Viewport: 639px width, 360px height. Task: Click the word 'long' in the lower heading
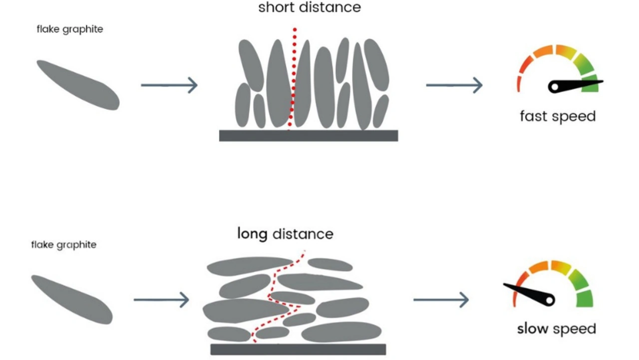253,233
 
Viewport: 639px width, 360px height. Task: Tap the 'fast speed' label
558,116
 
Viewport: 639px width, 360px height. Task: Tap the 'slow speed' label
556,329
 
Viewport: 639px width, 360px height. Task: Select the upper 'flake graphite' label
70,29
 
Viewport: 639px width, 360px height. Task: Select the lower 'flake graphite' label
64,245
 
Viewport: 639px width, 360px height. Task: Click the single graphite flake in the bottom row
72,299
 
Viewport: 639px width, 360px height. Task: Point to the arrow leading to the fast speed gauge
454,85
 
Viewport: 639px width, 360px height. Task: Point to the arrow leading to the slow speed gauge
441,300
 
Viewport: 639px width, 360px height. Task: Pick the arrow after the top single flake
169,85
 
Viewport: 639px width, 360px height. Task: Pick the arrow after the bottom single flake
161,300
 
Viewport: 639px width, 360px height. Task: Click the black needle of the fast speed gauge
574,85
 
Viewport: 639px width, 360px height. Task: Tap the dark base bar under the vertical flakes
309,136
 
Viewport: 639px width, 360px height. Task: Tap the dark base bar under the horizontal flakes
298,349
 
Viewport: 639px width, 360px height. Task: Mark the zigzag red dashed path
273,295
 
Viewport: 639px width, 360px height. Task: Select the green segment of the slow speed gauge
585,298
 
